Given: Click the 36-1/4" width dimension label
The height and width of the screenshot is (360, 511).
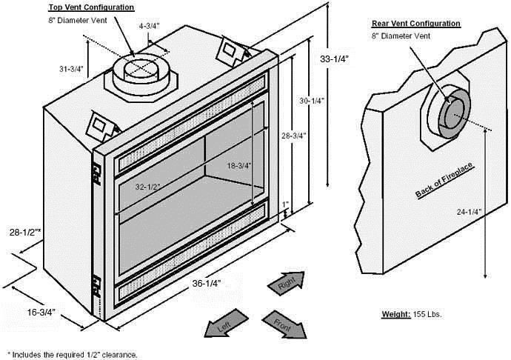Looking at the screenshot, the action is click(x=207, y=284).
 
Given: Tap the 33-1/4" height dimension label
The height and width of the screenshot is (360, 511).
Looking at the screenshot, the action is click(x=334, y=59).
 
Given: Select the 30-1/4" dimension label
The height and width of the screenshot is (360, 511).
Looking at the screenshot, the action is click(x=313, y=101).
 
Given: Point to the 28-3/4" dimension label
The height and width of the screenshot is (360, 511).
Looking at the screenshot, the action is click(x=294, y=136).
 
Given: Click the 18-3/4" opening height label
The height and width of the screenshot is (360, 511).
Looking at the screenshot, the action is click(x=239, y=166).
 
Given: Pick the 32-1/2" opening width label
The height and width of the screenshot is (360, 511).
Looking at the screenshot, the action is click(x=148, y=187).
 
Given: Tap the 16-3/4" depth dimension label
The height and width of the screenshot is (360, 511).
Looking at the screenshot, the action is click(x=41, y=312).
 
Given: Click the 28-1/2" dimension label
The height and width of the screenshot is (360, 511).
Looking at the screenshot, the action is click(x=25, y=232).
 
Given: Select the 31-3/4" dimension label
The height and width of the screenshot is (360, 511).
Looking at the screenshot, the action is click(x=71, y=69).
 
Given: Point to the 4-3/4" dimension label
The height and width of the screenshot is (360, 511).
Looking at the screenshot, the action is click(x=150, y=26).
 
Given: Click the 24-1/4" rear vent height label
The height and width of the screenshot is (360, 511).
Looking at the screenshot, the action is click(x=469, y=212).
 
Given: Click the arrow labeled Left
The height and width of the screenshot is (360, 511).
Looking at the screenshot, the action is click(x=226, y=324).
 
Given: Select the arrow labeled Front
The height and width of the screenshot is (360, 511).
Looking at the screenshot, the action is click(x=284, y=324).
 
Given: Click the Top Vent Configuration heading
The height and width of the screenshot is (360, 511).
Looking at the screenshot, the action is click(x=91, y=7).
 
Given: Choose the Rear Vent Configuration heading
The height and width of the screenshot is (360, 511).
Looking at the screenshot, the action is click(x=416, y=24).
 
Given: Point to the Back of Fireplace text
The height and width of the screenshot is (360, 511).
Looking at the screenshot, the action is click(x=444, y=180).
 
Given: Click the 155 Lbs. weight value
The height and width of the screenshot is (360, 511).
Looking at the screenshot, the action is click(x=427, y=314).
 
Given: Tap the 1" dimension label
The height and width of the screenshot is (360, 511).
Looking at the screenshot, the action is click(x=285, y=204).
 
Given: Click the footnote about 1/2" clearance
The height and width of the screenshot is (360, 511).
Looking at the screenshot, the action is click(x=73, y=355).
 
